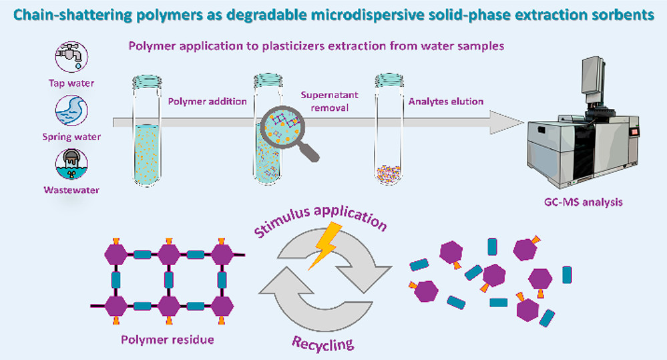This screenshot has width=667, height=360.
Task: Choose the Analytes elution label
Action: pos(445,102)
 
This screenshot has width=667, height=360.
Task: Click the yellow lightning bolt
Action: pos(324,247)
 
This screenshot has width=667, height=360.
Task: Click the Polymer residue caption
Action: pos(167,339)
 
